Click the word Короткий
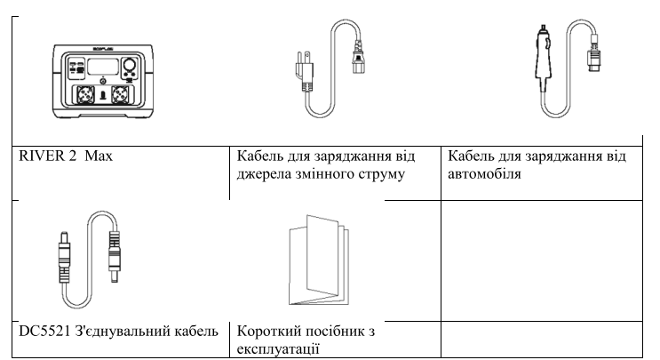pos(269,332)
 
